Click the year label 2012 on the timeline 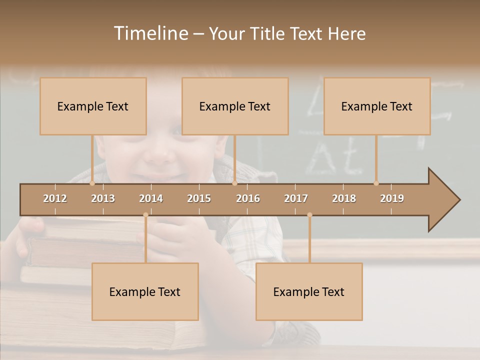point(55,198)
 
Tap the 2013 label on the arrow point(103,198)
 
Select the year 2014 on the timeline point(151,198)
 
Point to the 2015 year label point(199,198)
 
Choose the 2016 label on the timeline point(248,198)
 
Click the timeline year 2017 point(296,198)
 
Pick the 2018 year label point(344,198)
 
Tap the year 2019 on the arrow point(392,198)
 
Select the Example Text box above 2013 point(93,106)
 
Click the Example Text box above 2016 point(235,106)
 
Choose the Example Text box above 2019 point(377,106)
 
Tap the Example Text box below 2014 point(145,292)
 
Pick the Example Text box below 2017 point(309,292)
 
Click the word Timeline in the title point(150,33)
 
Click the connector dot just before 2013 point(92,183)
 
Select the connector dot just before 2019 point(376,183)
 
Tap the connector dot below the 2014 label point(145,215)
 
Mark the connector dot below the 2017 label point(309,215)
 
